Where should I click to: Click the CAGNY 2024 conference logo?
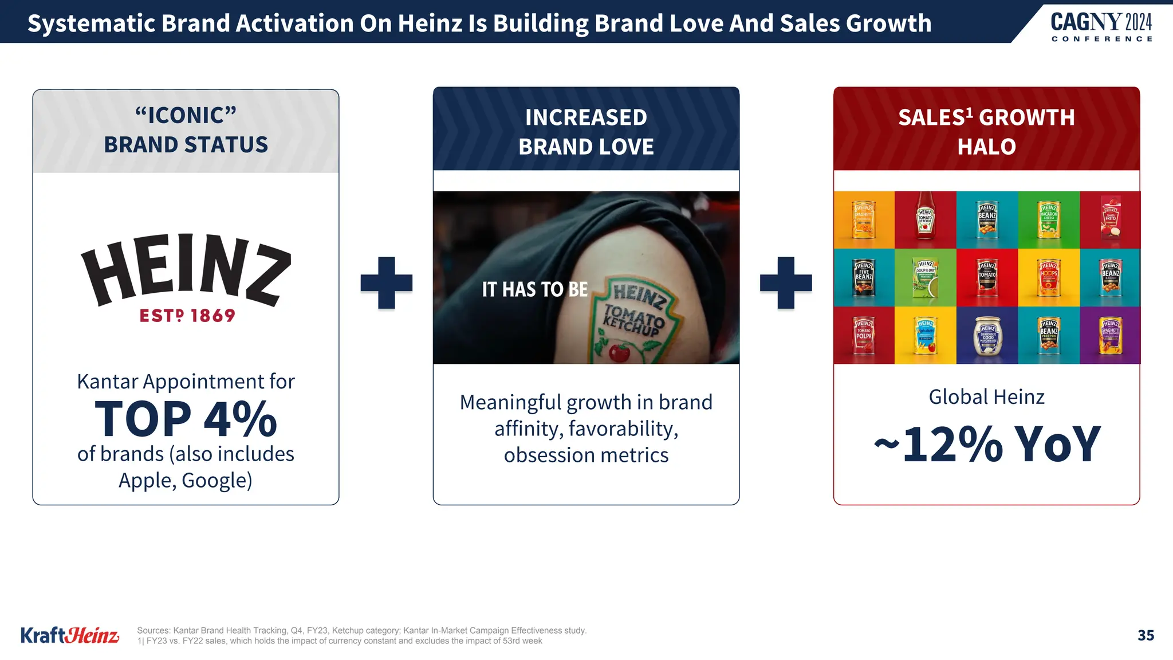coord(1101,26)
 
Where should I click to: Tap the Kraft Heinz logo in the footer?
coord(70,635)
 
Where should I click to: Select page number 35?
coord(1146,635)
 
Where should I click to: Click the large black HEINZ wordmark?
coord(186,269)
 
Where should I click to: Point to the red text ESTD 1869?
coord(187,316)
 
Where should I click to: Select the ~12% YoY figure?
coord(987,444)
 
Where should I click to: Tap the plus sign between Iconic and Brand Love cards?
coord(387,283)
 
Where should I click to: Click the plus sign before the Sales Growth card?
coord(786,283)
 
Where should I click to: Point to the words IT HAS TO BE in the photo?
coord(534,289)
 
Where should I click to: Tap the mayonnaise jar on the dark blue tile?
coord(987,336)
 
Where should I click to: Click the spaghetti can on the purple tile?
coord(1110,335)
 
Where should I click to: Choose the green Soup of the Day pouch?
coord(925,277)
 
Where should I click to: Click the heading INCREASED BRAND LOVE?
coord(586,132)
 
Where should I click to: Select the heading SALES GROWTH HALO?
coord(986,132)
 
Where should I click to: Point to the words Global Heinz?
coord(986,396)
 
